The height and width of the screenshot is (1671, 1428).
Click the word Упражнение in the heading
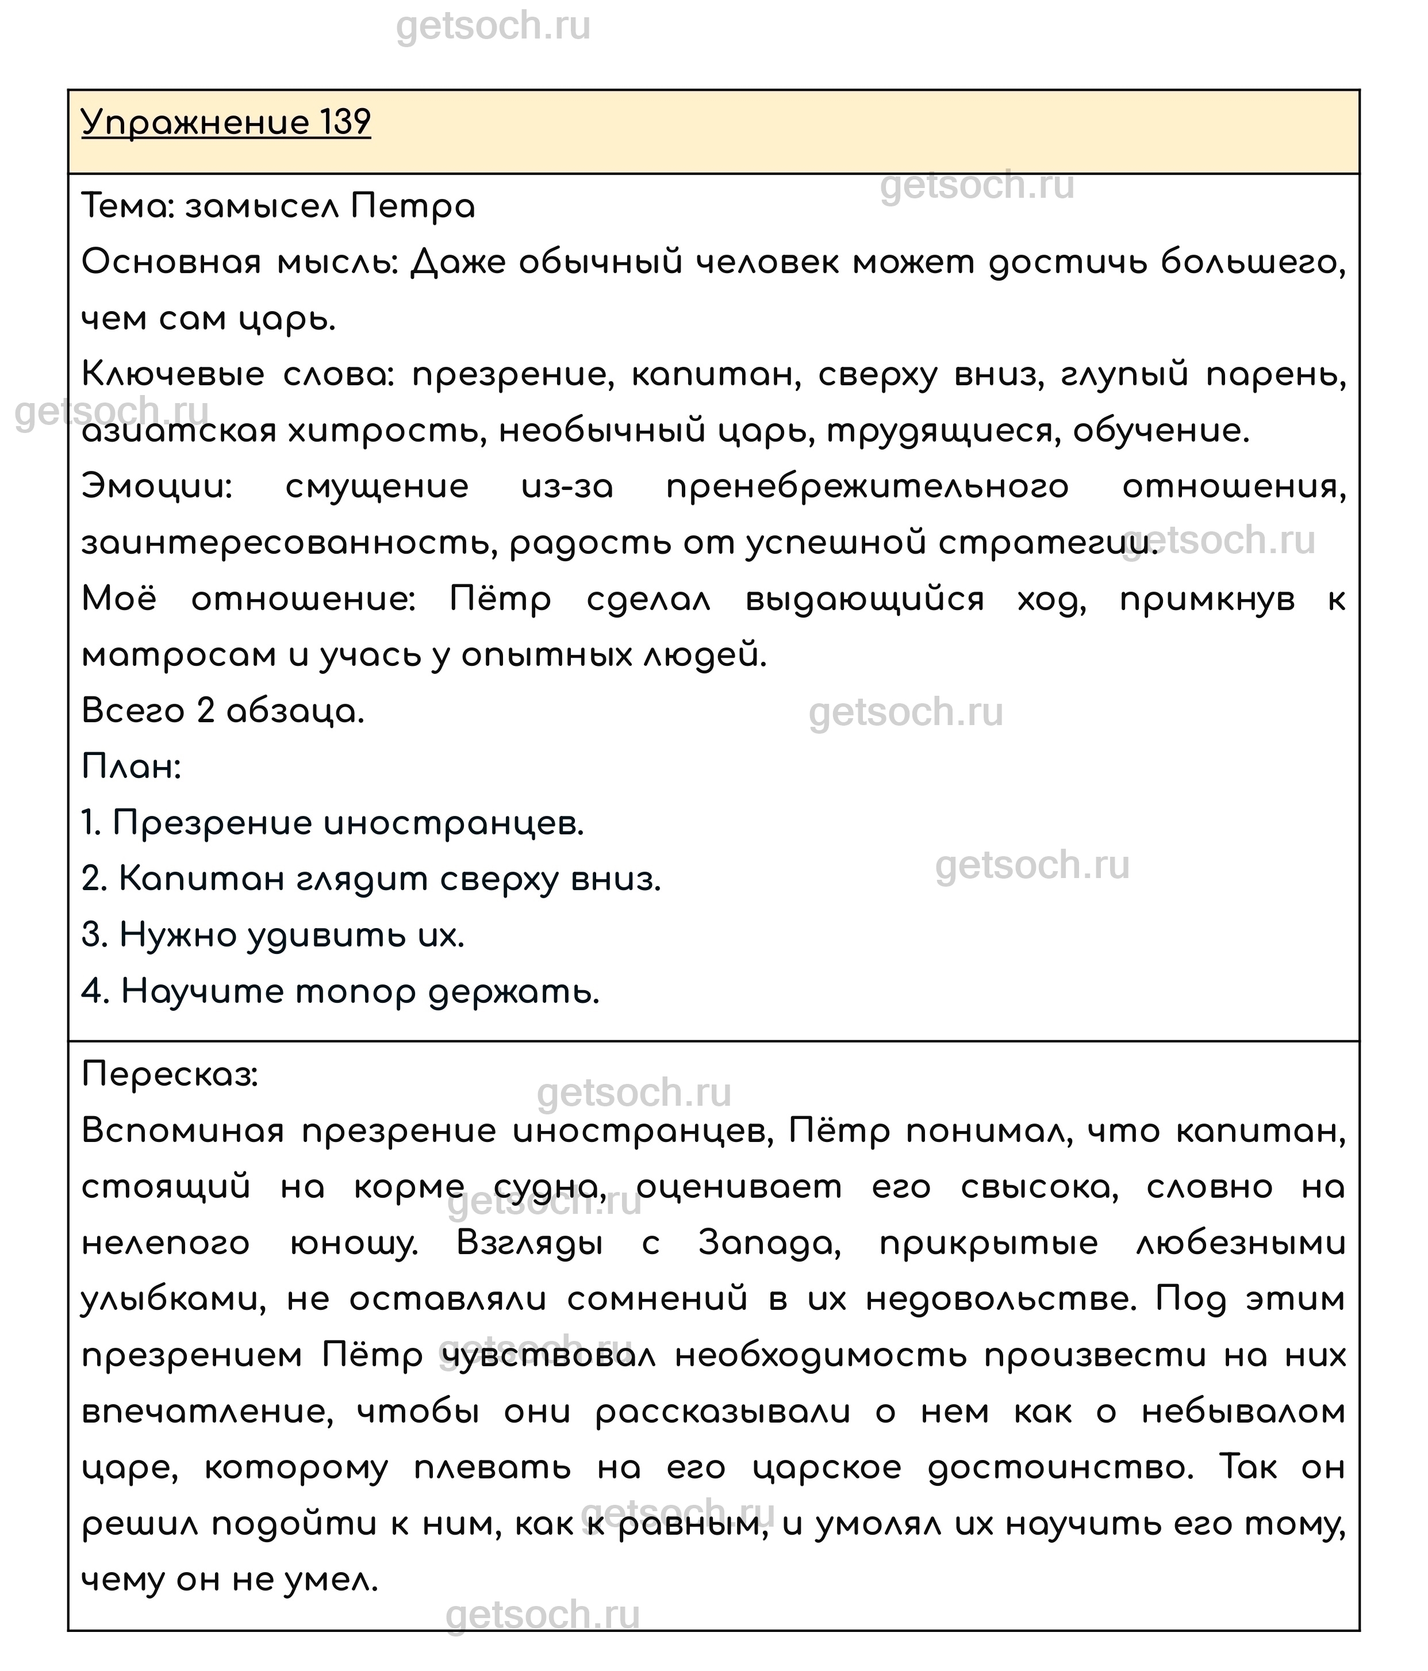[x=195, y=124]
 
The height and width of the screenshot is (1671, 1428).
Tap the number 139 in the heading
[x=345, y=124]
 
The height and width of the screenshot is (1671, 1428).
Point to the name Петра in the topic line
[x=412, y=207]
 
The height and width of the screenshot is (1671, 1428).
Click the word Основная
[x=171, y=263]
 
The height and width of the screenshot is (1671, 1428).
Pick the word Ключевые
[x=172, y=375]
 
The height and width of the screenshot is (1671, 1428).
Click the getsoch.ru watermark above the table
[x=493, y=26]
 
